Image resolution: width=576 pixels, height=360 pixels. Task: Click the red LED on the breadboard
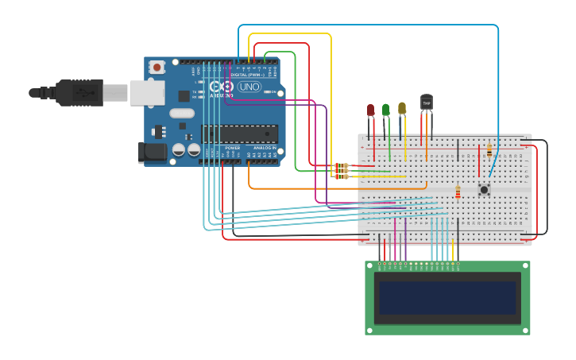point(370,110)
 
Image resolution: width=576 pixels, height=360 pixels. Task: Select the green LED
point(386,110)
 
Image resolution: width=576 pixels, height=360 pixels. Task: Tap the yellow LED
point(402,108)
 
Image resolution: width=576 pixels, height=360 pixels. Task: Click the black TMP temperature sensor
point(427,103)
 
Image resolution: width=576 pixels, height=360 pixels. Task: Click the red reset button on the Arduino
point(157,68)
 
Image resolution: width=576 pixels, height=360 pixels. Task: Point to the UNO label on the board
point(249,87)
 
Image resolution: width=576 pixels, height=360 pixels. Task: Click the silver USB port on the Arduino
point(147,92)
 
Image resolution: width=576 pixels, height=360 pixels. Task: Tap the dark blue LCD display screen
point(447,297)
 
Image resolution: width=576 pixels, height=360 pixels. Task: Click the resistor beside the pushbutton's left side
point(458,192)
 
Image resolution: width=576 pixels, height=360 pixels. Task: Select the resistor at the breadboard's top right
point(489,149)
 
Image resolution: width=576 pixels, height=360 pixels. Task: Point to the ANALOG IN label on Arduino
point(265,148)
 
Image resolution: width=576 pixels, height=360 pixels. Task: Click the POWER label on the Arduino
point(232,148)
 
